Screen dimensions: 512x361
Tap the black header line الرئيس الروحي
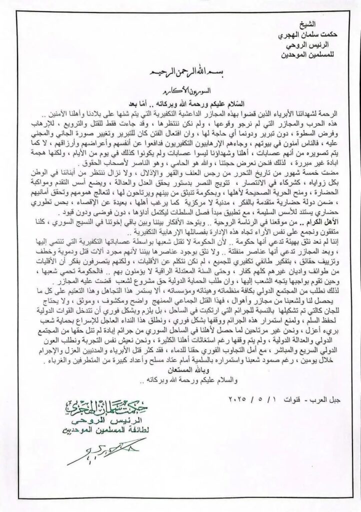click(x=311, y=45)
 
